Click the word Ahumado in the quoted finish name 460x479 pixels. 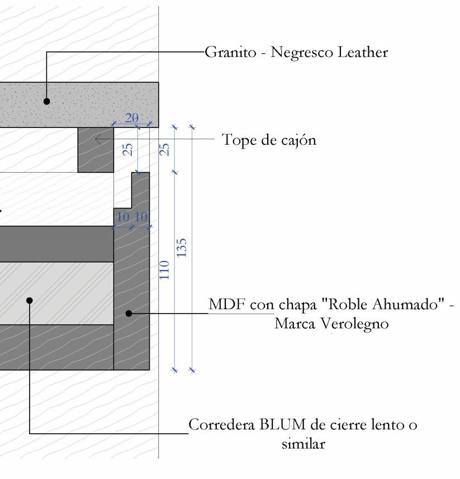point(404,305)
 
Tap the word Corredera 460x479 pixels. point(222,425)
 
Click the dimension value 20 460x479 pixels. point(132,118)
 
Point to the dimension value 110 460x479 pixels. point(164,270)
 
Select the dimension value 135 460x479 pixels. point(182,248)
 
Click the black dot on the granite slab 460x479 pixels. point(47,101)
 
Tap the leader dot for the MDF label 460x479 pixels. point(129,314)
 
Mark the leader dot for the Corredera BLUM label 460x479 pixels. point(30,300)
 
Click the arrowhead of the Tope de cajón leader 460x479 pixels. point(97,139)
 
